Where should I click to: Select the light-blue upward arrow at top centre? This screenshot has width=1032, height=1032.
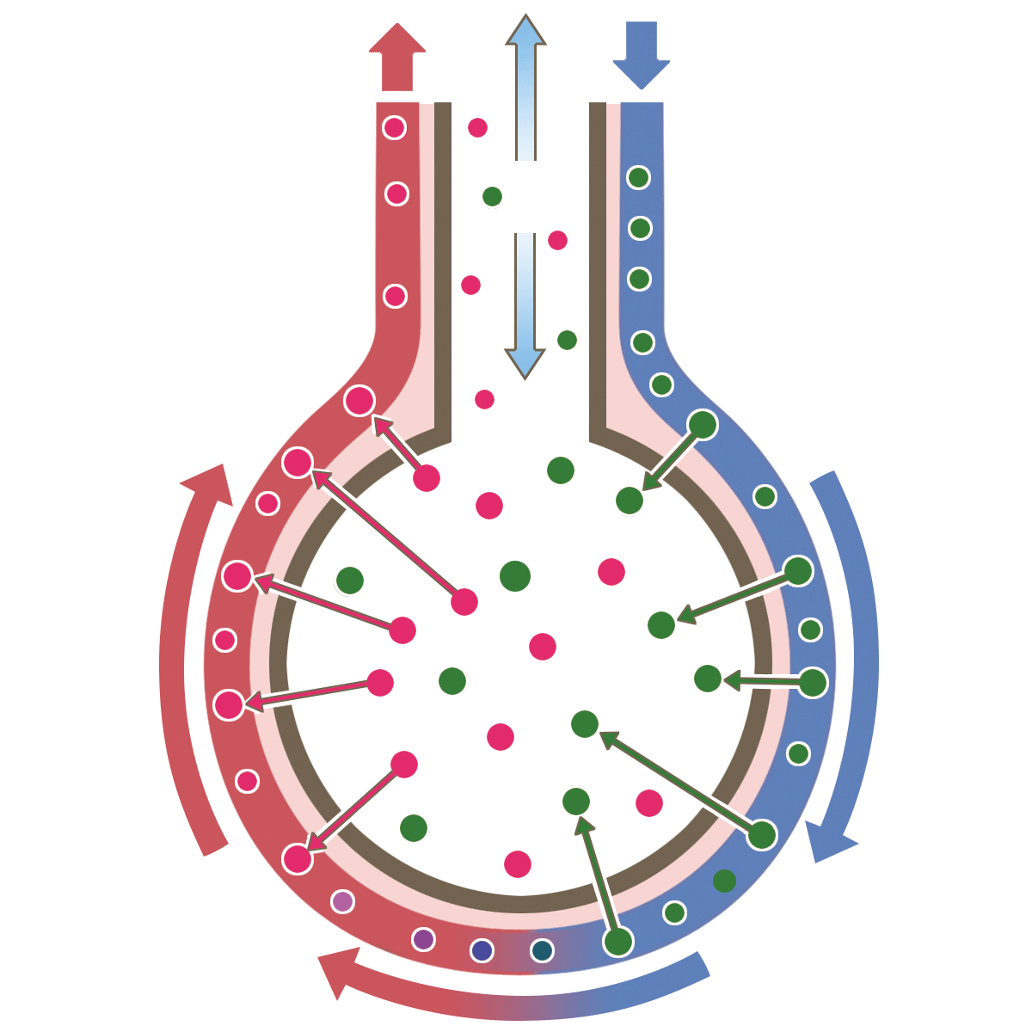coord(525,86)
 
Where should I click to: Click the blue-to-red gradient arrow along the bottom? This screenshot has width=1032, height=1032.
coord(516,989)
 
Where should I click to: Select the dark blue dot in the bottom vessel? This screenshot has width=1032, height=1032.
coord(482,950)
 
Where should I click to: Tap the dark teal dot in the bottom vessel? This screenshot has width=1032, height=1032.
coord(542,950)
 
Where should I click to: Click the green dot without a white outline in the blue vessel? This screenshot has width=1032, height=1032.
coord(724,881)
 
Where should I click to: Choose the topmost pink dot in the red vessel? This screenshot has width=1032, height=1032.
coord(394,128)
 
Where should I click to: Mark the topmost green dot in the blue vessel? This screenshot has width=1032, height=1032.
coord(638,178)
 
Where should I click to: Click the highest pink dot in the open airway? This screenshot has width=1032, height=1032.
coord(477,128)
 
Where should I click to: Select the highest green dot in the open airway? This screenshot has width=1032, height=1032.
coord(492,197)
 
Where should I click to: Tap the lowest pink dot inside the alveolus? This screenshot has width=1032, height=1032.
coord(517,863)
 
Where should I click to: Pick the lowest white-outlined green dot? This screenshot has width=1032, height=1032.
coord(618,942)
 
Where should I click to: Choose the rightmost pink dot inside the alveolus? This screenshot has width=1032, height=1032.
coord(649,803)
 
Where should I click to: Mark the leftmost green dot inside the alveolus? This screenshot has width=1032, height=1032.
coord(350,580)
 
